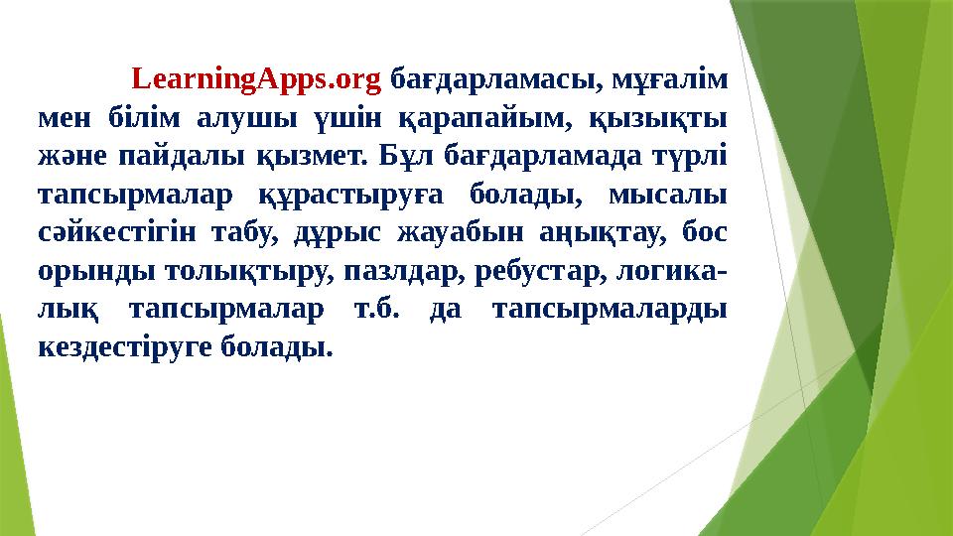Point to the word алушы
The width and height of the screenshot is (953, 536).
coord(248,116)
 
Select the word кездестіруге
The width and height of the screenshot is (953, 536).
coord(122,348)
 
